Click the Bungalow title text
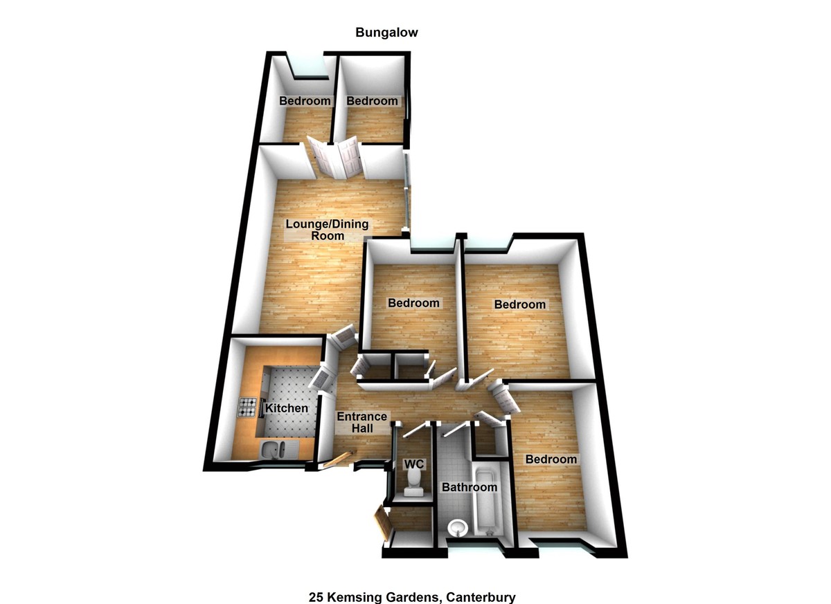point(386,33)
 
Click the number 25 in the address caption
point(316,596)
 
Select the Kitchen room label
point(287,409)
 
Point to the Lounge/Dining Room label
point(328,230)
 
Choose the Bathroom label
point(470,487)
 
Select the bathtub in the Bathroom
point(486,506)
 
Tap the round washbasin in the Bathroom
point(458,529)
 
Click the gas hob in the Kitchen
point(248,408)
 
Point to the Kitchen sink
point(277,450)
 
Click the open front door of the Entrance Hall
point(338,459)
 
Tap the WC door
point(413,429)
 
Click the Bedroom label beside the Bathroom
point(551,459)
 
